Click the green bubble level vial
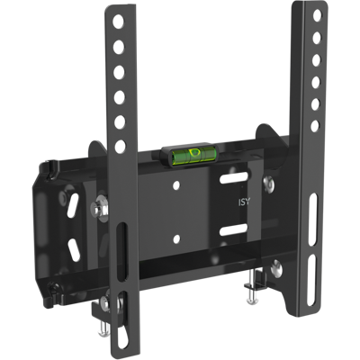point(192,156)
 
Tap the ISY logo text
point(244,202)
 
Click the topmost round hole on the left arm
point(119,22)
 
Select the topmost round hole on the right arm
point(317,16)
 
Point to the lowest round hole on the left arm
point(121,146)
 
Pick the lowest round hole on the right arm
point(315,126)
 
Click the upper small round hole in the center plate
point(176,185)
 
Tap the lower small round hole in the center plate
point(176,238)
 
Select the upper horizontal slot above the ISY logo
point(234,178)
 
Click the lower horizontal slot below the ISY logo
point(234,229)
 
